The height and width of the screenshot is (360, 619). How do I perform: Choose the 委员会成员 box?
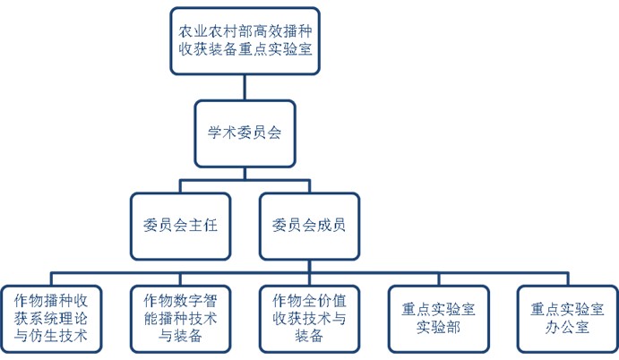308,226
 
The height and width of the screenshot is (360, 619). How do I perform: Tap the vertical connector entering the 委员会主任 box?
180,186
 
